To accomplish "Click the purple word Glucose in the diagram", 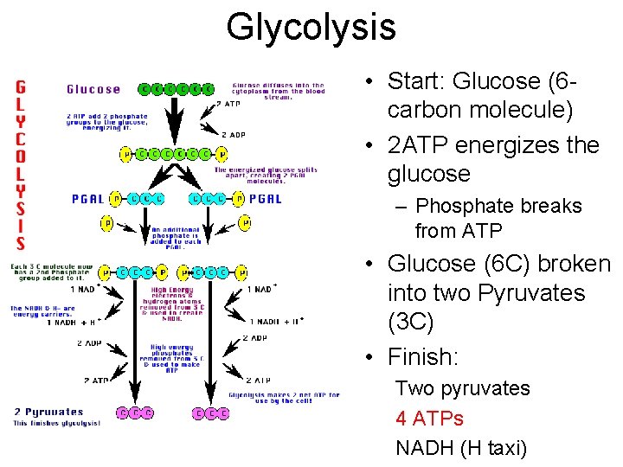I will click(x=93, y=89).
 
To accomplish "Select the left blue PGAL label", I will click(x=87, y=199).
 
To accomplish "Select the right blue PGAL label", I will click(x=265, y=199).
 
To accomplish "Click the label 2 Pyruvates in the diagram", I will click(x=48, y=412).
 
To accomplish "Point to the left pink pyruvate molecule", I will click(x=137, y=413).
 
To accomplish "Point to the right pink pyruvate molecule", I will click(x=211, y=413).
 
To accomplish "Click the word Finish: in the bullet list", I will click(x=421, y=356).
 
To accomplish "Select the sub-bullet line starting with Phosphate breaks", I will click(x=498, y=218).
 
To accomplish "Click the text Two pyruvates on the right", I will click(x=462, y=388).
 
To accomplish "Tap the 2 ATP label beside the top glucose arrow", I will click(x=228, y=104).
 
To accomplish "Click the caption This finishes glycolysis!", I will click(x=56, y=423).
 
